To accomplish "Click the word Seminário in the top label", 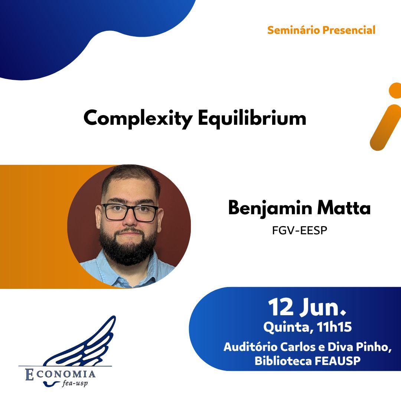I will click(x=293, y=30).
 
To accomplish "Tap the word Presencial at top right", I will click(x=349, y=30).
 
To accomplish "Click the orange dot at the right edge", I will click(x=395, y=91).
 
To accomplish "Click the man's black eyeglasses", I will click(x=130, y=212).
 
